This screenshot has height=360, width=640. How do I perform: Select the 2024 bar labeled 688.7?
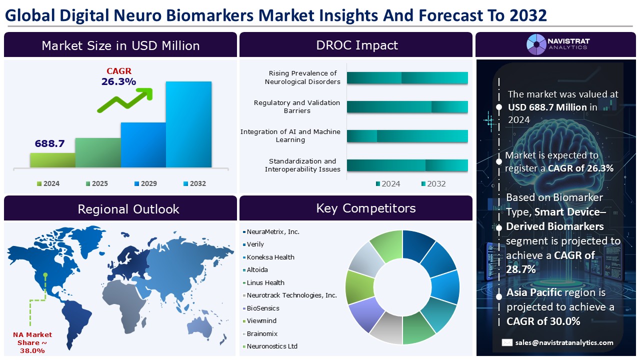tap(52, 159)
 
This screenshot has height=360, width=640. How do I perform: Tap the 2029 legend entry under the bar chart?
tap(144, 183)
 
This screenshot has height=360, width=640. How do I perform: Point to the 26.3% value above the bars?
tap(118, 81)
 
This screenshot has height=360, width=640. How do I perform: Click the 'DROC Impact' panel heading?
tap(356, 45)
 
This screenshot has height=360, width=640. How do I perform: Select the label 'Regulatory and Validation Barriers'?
tap(296, 106)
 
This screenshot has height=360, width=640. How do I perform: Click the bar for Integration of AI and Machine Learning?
tap(407, 136)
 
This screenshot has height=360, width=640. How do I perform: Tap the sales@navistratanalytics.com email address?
tap(565, 342)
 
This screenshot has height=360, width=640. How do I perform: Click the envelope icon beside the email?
tap(507, 342)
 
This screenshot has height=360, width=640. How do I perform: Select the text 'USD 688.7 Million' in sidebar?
tap(547, 107)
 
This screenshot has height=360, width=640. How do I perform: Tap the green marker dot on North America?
tap(45, 274)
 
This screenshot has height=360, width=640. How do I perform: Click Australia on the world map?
tap(201, 328)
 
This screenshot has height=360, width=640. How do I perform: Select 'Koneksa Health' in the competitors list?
tap(270, 257)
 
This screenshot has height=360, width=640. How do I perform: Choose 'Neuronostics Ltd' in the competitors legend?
tap(271, 346)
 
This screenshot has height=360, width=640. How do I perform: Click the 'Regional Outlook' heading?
tap(128, 208)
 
